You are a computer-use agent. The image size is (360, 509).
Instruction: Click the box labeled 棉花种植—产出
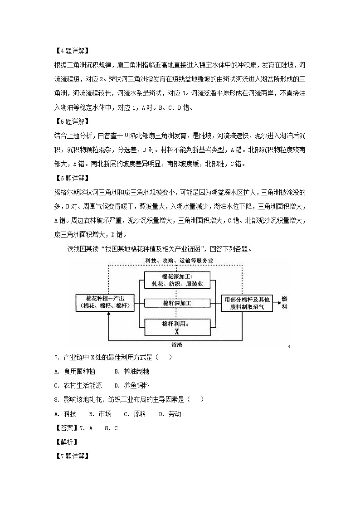click(105, 302)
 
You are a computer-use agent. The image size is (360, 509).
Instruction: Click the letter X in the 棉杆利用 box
click(177, 331)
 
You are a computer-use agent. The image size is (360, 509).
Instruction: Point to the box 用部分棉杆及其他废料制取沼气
click(248, 303)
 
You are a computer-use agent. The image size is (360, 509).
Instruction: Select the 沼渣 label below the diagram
click(177, 344)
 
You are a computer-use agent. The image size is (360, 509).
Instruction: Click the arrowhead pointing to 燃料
click(277, 302)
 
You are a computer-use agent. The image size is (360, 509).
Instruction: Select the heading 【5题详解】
click(69, 122)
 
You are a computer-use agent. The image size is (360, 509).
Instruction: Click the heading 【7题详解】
click(69, 456)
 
